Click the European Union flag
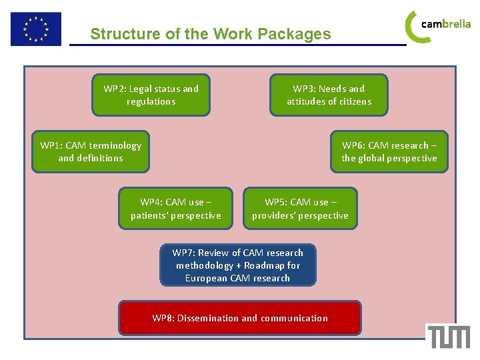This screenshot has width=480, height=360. pyautogui.click(x=35, y=29)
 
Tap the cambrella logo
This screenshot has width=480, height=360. pyautogui.click(x=438, y=26)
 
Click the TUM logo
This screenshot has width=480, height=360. pyautogui.click(x=449, y=337)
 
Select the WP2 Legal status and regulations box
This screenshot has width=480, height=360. pyautogui.click(x=151, y=95)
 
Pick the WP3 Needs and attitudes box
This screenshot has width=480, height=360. pyautogui.click(x=329, y=95)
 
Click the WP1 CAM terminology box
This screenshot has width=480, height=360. pyautogui.click(x=91, y=151)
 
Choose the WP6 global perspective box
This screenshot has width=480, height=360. pyautogui.click(x=389, y=151)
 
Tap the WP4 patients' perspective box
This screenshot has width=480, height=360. pyautogui.click(x=175, y=209)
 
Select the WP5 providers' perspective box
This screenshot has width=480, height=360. pyautogui.click(x=300, y=209)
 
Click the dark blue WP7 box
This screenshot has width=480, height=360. pyautogui.click(x=237, y=265)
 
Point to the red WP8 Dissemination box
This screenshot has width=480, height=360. pyautogui.click(x=240, y=318)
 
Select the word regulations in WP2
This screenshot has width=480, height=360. pyautogui.click(x=151, y=101)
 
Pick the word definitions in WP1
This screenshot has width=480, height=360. pyautogui.click(x=99, y=158)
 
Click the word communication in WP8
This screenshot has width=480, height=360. pyautogui.click(x=294, y=318)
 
